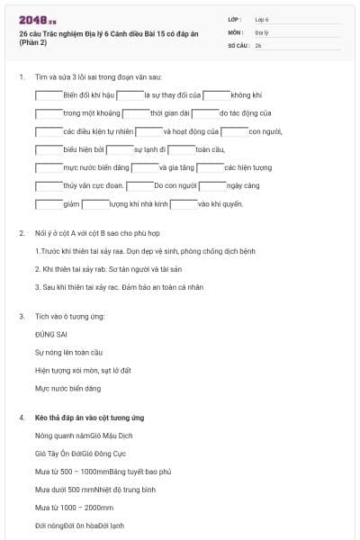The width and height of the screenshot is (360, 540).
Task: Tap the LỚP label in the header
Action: [x=235, y=19]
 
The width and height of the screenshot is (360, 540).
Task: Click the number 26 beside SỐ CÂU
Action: [x=258, y=45]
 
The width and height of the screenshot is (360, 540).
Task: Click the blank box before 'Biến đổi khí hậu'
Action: [x=49, y=94]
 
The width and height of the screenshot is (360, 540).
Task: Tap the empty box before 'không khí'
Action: [x=216, y=94]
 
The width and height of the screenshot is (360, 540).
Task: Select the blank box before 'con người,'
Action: [x=235, y=131]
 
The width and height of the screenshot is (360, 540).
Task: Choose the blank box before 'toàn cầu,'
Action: [x=181, y=149]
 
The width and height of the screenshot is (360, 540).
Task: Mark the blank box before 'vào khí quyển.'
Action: [x=183, y=204]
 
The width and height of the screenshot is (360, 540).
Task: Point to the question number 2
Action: [x=21, y=233]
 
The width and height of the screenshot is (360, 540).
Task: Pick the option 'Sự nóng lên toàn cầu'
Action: [x=68, y=352]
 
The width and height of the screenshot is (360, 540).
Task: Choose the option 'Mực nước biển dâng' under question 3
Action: [x=67, y=388]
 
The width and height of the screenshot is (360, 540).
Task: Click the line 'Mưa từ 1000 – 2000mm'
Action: [x=74, y=508]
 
